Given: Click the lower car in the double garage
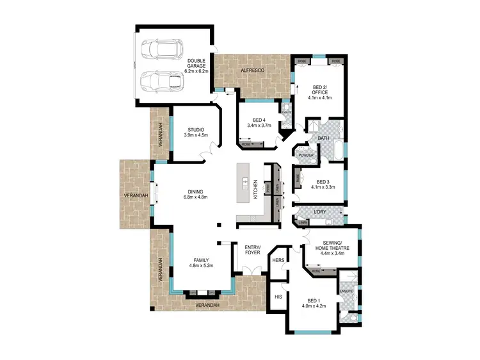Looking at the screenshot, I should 162,81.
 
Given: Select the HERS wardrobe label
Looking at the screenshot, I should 278,261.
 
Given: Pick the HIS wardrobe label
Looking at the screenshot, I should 278,297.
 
